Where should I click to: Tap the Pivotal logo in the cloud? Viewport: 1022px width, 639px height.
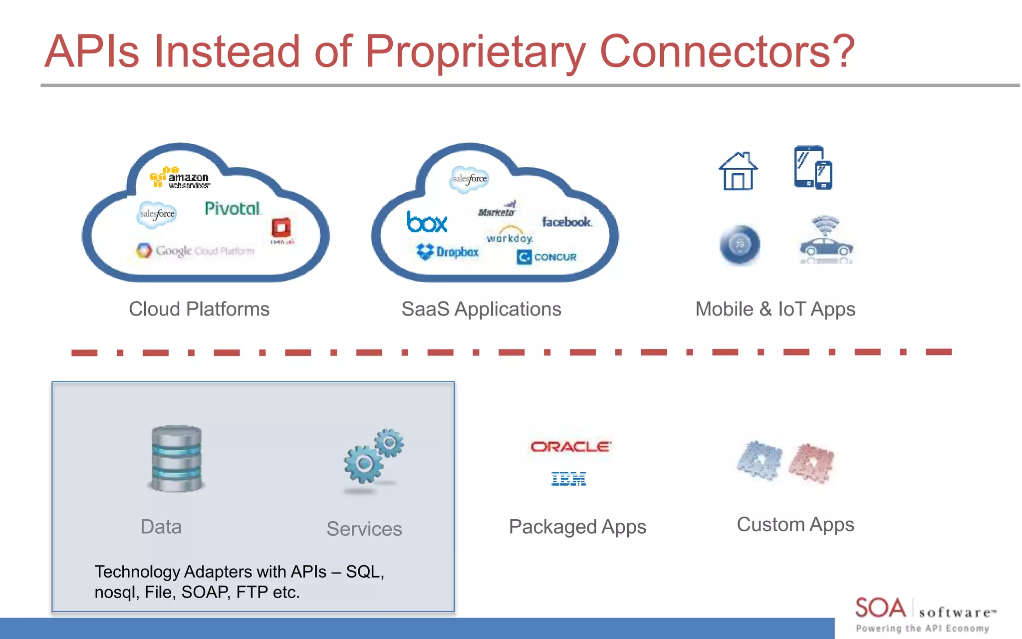click(x=233, y=209)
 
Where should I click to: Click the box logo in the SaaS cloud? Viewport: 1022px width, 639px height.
click(x=427, y=222)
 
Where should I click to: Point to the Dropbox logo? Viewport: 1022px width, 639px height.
click(x=448, y=252)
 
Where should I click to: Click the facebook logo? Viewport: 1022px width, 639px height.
click(x=567, y=222)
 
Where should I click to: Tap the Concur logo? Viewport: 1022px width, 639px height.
click(x=547, y=257)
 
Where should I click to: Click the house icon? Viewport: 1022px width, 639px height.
click(x=738, y=171)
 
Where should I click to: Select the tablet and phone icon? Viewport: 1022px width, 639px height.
click(x=813, y=168)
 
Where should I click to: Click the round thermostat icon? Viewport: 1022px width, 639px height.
click(x=740, y=245)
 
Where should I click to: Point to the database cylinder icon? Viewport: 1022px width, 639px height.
click(x=177, y=458)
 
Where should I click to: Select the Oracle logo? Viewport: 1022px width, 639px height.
click(x=570, y=446)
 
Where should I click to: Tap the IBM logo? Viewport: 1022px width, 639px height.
click(x=568, y=479)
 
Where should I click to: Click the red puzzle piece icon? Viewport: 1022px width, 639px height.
click(x=811, y=463)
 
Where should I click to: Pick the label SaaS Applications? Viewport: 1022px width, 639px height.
click(x=481, y=309)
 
